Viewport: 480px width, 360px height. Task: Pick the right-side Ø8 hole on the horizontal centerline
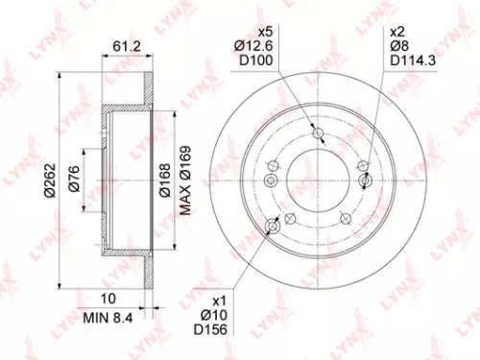(x=364, y=180)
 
